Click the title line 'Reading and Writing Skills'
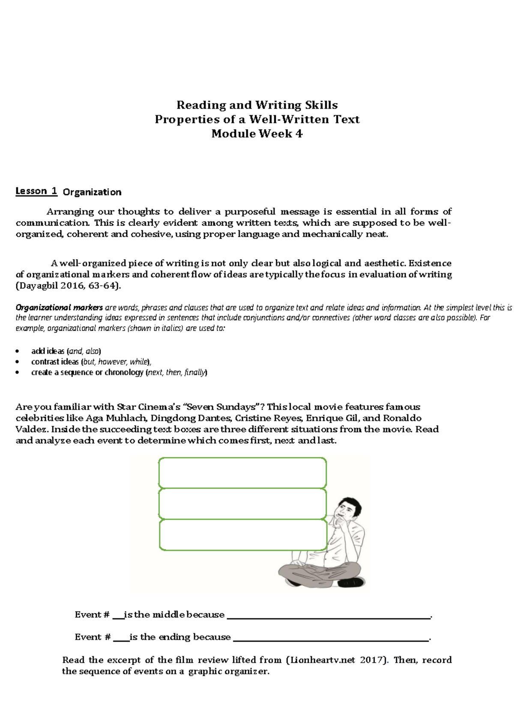tap(257, 105)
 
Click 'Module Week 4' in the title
tap(257, 134)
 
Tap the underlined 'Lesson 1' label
tap(36, 191)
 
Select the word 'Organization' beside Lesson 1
tap(92, 192)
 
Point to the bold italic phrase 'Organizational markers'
tap(59, 307)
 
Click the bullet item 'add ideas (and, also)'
tap(66, 351)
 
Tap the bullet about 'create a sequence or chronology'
tap(119, 373)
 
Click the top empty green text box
tap(242, 472)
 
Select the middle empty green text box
tap(242, 504)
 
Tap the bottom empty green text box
tap(242, 535)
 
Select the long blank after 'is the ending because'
tap(331, 637)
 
